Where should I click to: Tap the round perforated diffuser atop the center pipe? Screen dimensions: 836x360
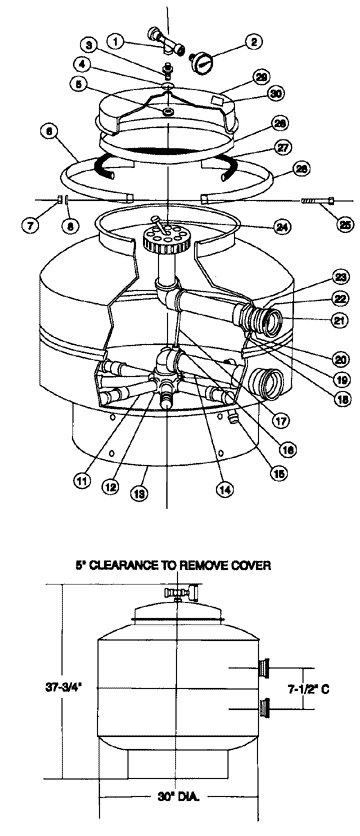click(x=159, y=240)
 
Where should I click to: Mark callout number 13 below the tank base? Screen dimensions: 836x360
click(x=147, y=493)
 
